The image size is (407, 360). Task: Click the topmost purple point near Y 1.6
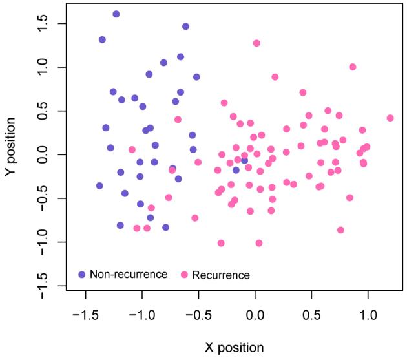(x=116, y=14)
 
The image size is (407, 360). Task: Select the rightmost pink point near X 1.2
(x=390, y=118)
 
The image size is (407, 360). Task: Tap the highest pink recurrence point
(x=256, y=43)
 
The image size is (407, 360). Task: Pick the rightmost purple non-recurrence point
(x=245, y=160)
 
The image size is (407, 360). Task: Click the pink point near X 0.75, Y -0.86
(x=340, y=230)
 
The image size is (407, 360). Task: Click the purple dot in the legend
(x=81, y=274)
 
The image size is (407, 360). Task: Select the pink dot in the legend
(x=184, y=275)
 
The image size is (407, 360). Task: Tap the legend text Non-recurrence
(x=129, y=274)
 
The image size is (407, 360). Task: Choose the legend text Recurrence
(x=220, y=275)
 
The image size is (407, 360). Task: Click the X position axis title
(x=235, y=347)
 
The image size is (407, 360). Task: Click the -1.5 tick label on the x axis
(x=85, y=315)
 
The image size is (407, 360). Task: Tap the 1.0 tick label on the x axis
(x=368, y=315)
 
